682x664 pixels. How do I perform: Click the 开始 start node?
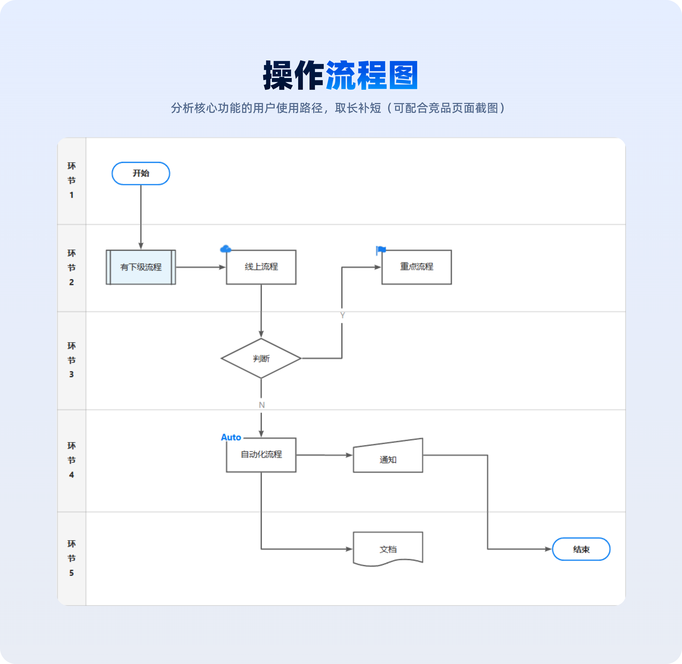141,173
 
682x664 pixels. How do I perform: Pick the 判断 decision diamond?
261,358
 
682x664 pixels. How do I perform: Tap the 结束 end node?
581,549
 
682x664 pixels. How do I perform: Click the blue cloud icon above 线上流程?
226,249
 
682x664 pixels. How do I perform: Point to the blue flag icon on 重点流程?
381,250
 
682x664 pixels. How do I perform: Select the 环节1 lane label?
72,180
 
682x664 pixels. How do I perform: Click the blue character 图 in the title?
403,75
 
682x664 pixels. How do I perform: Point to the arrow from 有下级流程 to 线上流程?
201,267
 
